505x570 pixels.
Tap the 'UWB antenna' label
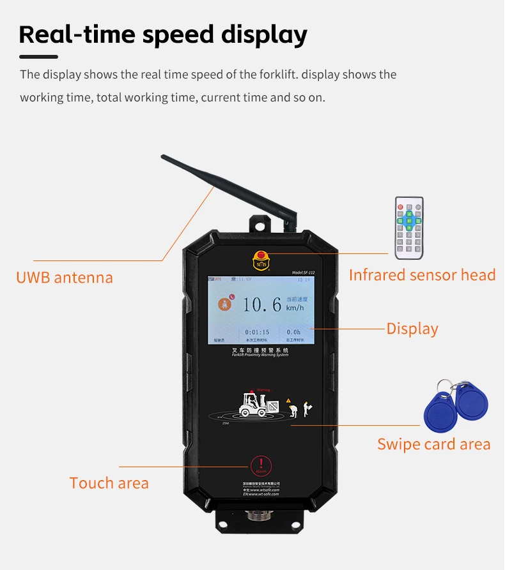[64, 278]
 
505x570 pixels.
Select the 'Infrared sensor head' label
[422, 275]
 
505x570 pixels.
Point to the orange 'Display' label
[412, 329]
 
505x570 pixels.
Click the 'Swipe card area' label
[433, 444]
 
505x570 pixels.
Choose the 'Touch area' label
[109, 483]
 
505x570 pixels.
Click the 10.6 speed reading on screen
[261, 304]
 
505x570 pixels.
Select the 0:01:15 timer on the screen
[257, 332]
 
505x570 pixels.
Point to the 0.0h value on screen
[293, 332]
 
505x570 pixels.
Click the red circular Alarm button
[261, 464]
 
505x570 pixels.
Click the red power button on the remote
[400, 207]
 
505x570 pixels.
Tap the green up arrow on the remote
[409, 214]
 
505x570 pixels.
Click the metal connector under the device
[260, 514]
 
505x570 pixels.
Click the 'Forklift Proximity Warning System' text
[260, 355]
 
